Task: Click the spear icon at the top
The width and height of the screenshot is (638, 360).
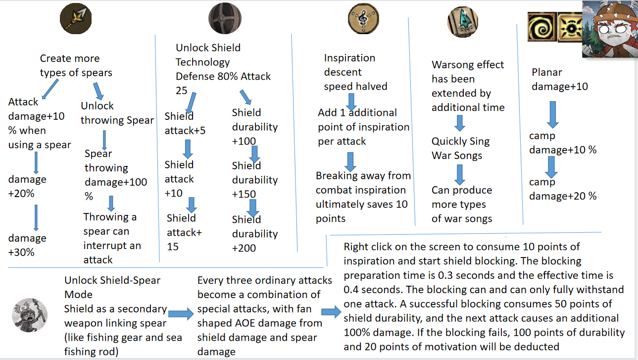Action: (76, 18)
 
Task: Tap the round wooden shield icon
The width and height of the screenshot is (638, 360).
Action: (225, 18)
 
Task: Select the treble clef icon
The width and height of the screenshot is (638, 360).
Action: (363, 18)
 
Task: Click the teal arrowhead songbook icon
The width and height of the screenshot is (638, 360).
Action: (463, 22)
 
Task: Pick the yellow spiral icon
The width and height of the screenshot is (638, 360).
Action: (542, 27)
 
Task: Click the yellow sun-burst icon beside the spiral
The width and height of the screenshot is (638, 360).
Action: (570, 27)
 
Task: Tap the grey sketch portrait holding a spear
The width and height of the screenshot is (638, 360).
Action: (30, 315)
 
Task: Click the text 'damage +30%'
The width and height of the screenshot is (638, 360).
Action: (27, 245)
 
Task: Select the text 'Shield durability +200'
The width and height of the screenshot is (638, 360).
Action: (255, 234)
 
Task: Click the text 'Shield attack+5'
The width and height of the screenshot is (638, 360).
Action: (185, 123)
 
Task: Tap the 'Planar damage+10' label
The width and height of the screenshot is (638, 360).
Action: (560, 79)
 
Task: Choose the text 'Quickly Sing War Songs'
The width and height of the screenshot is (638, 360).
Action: (460, 148)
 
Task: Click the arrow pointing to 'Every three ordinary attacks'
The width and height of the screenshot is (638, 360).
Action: (181, 313)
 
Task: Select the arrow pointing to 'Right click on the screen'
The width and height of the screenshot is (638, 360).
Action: (331, 312)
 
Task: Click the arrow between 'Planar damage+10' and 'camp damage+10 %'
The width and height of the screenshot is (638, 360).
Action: (552, 114)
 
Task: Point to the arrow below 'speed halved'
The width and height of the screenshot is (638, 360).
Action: (351, 102)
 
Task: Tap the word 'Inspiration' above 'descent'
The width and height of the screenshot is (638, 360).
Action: (349, 58)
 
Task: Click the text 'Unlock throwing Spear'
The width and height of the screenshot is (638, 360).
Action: (117, 113)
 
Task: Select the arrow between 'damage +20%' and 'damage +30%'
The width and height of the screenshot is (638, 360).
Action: (36, 217)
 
